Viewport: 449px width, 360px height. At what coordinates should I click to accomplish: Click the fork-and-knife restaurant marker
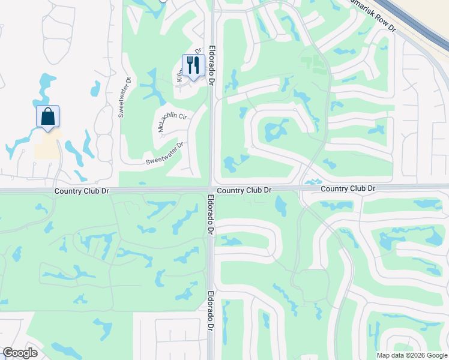pos(193,65)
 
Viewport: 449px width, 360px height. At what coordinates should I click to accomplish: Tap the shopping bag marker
pos(48,117)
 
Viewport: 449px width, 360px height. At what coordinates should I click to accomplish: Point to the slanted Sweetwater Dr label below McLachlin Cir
pos(164,154)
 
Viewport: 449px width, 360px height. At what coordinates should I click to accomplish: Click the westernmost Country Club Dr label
pos(82,191)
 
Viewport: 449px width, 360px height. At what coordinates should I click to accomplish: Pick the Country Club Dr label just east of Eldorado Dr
pos(244,190)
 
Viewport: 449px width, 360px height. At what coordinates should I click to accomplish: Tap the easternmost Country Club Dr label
pos(348,188)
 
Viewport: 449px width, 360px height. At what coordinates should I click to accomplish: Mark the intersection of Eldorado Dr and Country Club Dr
pos(211,190)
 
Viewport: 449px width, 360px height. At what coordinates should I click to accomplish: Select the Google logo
pos(20,353)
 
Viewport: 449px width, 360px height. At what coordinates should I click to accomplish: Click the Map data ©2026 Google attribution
pos(412,355)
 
